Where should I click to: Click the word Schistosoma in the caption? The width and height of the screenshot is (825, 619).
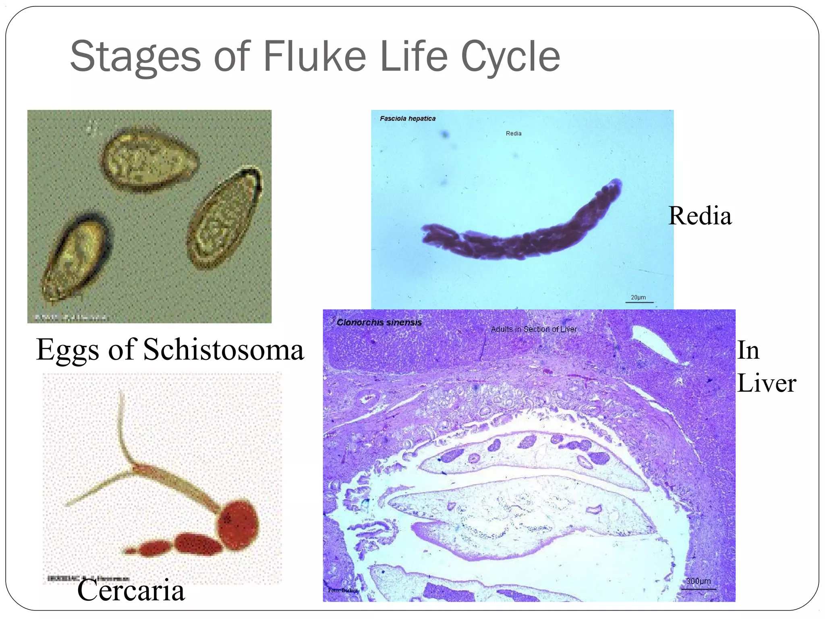point(224,350)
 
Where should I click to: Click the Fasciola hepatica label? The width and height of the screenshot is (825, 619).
point(407,118)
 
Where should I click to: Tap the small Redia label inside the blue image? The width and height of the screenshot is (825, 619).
point(513,133)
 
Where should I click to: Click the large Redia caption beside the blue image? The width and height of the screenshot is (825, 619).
point(700,216)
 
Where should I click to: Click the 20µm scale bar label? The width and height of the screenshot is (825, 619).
point(638,297)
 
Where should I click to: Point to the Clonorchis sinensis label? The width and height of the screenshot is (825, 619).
point(379,322)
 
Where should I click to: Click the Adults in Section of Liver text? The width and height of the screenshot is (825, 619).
point(533,329)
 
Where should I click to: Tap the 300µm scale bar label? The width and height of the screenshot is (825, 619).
point(699,581)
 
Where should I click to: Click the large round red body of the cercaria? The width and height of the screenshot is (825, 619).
point(238,525)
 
